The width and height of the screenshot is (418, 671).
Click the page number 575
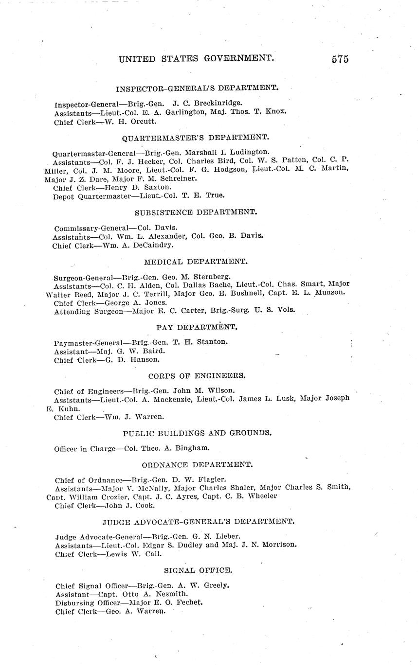(x=340, y=59)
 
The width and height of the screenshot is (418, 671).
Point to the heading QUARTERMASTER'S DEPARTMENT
(x=195, y=138)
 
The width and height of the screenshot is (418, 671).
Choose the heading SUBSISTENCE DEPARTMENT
(x=196, y=212)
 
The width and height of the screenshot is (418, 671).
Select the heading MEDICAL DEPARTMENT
(x=195, y=262)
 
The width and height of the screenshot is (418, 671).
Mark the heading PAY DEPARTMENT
(x=197, y=327)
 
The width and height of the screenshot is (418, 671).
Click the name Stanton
(x=212, y=341)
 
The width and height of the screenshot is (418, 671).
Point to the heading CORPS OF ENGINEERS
(x=197, y=375)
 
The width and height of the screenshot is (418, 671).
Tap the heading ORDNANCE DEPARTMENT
(x=197, y=464)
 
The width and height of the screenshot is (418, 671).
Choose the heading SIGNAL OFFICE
(x=198, y=570)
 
